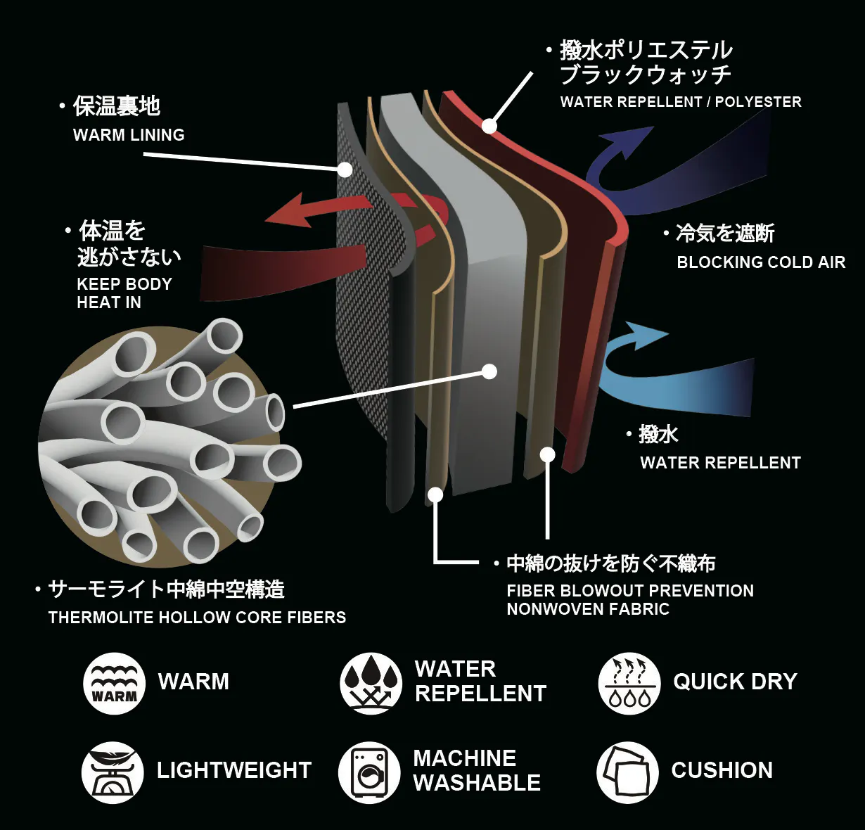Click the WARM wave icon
point(114,683)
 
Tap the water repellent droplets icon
point(371,683)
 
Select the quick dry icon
point(629,683)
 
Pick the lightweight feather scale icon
point(113,772)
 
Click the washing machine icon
point(369,772)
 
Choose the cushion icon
point(627,772)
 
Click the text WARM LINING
point(129,135)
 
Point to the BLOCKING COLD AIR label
point(761,262)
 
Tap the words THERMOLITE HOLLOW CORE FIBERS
point(197,618)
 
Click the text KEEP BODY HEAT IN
point(124,293)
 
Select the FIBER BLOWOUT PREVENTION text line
point(630,591)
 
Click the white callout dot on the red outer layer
point(489,127)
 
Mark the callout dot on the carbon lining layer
point(345,170)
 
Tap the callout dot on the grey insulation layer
point(490,371)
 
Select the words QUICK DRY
point(735,682)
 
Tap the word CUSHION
point(722,770)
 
